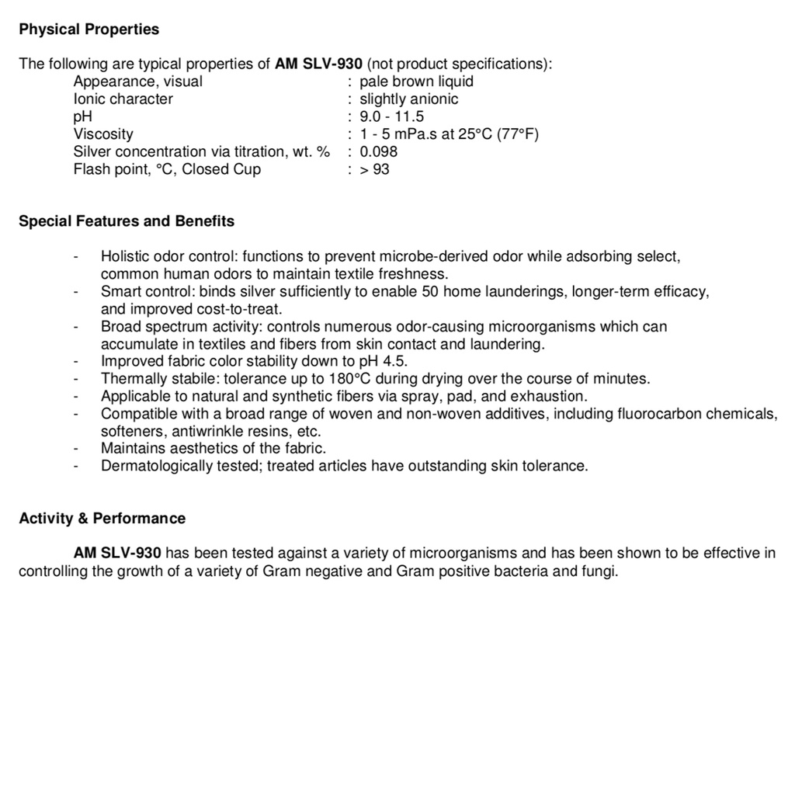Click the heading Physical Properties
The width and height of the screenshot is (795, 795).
click(89, 30)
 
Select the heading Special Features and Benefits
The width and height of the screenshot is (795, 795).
click(127, 221)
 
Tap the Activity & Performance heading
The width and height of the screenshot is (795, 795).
click(102, 519)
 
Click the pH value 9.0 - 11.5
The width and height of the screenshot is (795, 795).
click(391, 116)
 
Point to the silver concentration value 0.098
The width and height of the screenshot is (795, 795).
click(378, 151)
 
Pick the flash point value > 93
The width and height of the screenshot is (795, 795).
click(374, 169)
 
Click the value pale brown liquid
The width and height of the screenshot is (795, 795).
click(416, 82)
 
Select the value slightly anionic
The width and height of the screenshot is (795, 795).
click(408, 99)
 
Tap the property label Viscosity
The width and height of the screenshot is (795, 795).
click(103, 134)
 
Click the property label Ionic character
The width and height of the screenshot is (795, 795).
click(123, 99)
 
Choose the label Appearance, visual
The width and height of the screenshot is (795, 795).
click(137, 82)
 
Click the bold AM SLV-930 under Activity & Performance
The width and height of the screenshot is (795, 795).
click(117, 554)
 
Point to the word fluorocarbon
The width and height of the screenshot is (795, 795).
click(656, 414)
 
